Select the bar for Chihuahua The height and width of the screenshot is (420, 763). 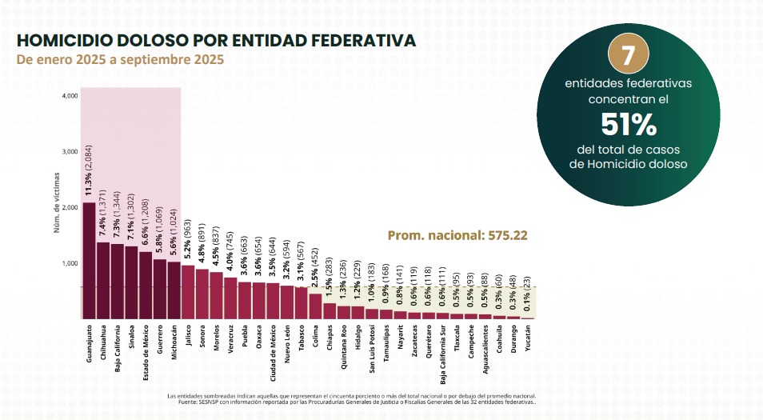click(x=103, y=280)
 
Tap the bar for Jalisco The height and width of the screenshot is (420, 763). click(x=188, y=292)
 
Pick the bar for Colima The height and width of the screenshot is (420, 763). click(x=316, y=306)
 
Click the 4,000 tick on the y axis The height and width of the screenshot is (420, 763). click(x=70, y=96)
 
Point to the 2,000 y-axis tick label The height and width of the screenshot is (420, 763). click(x=70, y=208)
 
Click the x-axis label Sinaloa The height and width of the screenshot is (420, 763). click(x=131, y=339)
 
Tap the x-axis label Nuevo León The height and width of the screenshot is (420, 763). click(x=288, y=343)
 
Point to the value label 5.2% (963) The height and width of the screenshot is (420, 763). click(x=188, y=240)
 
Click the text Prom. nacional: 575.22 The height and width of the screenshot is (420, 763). click(x=457, y=236)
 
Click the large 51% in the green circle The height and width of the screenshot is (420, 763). click(x=628, y=126)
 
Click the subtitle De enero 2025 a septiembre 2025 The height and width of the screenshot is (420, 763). click(x=120, y=60)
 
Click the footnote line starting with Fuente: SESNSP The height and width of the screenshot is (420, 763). click(x=358, y=402)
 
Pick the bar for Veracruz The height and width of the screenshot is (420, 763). click(x=230, y=298)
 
